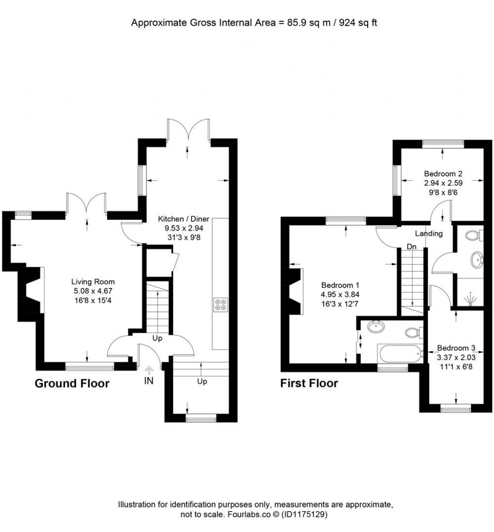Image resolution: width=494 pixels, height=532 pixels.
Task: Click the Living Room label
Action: (x=93, y=281)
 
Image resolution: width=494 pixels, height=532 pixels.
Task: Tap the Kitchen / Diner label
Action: (x=183, y=219)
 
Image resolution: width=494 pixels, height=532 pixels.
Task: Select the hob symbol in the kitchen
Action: (x=220, y=305)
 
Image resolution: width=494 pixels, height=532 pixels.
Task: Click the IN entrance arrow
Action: (x=149, y=369)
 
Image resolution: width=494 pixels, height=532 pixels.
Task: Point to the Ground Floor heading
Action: (x=72, y=384)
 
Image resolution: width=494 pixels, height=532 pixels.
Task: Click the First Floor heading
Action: (x=309, y=384)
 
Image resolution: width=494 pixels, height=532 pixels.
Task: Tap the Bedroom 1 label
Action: (x=340, y=285)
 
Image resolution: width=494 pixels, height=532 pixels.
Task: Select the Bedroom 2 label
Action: (x=443, y=173)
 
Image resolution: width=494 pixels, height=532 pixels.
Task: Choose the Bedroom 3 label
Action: (x=456, y=348)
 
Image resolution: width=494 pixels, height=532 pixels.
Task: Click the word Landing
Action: (x=429, y=233)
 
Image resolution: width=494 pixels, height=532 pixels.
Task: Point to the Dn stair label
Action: (x=412, y=247)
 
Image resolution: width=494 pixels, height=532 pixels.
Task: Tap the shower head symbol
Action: (x=470, y=299)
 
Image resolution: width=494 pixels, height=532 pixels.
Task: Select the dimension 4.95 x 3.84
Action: (x=340, y=294)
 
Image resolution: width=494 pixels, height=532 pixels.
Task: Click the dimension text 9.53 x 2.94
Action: (x=184, y=228)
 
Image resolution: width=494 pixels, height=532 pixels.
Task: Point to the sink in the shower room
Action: (x=477, y=260)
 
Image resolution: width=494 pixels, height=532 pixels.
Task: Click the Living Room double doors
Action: (x=87, y=203)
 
